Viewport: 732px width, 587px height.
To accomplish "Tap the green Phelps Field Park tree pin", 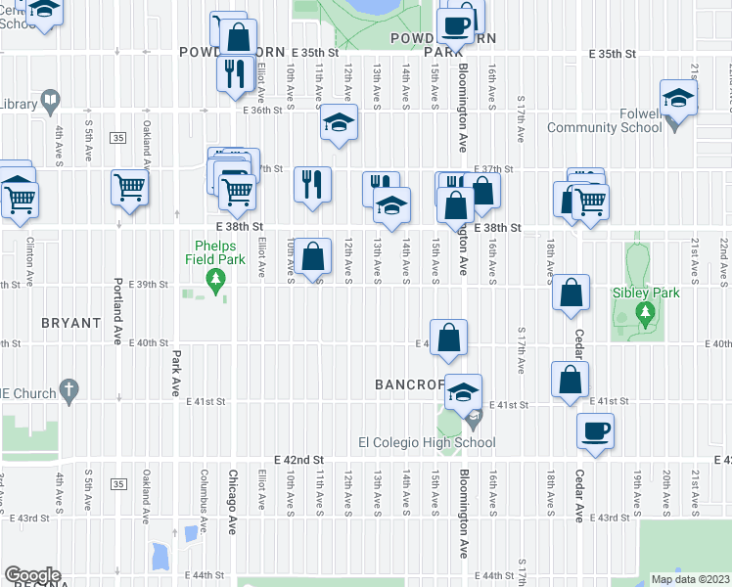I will point(214,283).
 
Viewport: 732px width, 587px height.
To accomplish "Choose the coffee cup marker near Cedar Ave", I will point(594,430).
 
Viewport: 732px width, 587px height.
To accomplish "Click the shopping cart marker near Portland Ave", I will point(130,187).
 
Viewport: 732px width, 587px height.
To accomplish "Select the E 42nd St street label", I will point(298,459).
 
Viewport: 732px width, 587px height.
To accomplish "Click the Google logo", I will point(32,575).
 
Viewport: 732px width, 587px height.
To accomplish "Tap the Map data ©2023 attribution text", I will point(690,579).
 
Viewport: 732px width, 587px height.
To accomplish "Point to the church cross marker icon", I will point(69,392).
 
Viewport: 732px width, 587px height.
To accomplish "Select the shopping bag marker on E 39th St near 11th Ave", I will point(312,257).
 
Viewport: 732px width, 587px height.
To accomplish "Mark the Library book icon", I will point(49,101).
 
